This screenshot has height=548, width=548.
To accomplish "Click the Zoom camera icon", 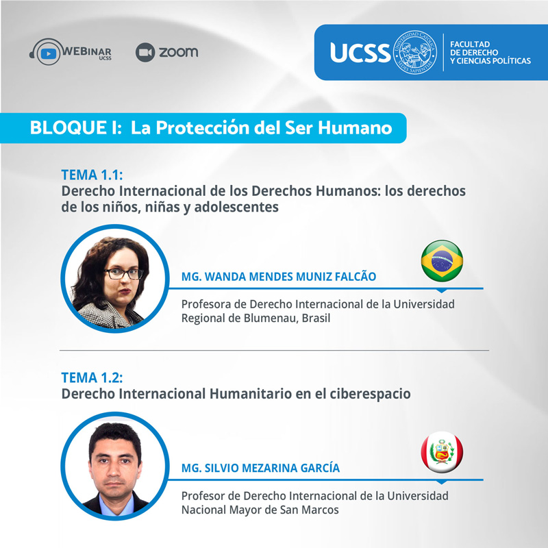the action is [145, 53].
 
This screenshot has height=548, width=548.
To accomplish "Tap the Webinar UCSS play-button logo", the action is [48, 53].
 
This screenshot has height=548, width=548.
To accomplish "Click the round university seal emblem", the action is [415, 52].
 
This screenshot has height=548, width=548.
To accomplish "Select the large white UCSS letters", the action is [360, 53].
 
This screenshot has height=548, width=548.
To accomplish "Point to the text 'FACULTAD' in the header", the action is [470, 45].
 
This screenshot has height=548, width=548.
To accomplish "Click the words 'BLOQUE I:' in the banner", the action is [76, 127].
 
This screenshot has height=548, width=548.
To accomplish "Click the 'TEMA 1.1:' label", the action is [92, 175].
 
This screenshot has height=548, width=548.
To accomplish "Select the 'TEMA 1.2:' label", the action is [92, 377].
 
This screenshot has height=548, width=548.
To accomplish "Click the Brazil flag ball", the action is [442, 261].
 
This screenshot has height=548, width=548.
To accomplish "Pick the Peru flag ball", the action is [442, 452].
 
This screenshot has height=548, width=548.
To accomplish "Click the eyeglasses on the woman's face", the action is [124, 273].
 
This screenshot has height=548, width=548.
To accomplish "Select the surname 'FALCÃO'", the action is [355, 276].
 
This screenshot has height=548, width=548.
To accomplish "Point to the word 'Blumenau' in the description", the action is [271, 318].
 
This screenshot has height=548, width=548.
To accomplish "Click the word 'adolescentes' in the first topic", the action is [236, 207].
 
